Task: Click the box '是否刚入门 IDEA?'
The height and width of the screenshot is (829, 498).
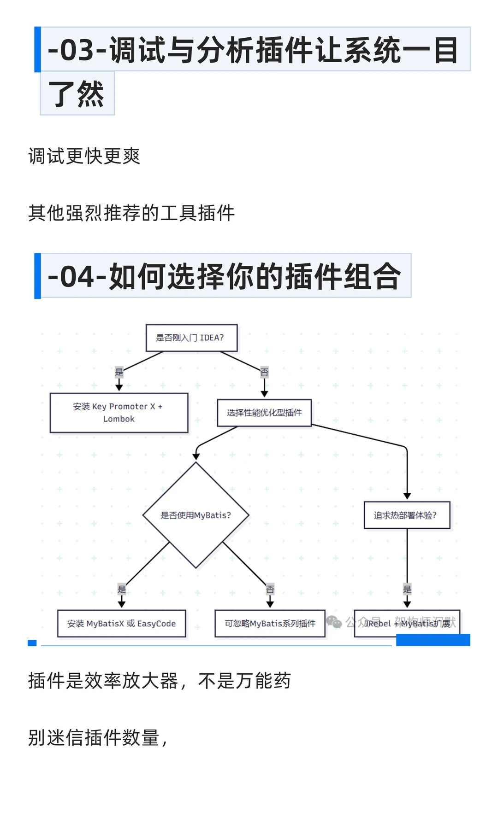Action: tap(191, 338)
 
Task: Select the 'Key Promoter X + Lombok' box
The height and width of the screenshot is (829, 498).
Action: tap(119, 413)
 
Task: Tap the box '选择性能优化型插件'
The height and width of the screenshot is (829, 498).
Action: tap(264, 413)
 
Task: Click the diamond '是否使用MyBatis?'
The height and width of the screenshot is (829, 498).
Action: tap(196, 515)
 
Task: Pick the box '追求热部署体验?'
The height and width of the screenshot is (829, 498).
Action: tap(406, 515)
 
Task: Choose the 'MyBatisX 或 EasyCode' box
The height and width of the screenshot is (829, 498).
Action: tap(121, 624)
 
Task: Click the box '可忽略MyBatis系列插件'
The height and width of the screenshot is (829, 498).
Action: tap(270, 624)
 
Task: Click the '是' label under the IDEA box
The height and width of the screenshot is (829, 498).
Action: tap(119, 372)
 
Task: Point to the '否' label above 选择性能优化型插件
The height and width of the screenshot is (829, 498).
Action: tap(264, 372)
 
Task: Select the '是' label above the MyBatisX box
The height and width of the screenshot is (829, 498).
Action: tap(122, 589)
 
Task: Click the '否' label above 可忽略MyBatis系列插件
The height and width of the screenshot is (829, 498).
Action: tap(270, 589)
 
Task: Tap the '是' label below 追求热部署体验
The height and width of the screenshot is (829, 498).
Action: tap(407, 589)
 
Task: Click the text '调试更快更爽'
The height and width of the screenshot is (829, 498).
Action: tap(84, 156)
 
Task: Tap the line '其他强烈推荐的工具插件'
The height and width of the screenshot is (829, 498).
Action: tap(131, 213)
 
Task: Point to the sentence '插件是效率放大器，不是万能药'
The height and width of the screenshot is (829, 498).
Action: tap(159, 681)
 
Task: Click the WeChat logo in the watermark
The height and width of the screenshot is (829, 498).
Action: tap(334, 622)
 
